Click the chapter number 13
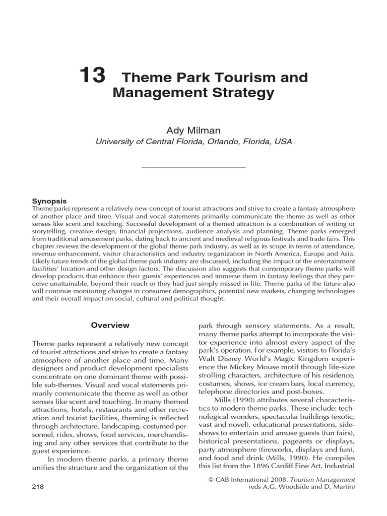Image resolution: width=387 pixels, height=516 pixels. click(93, 76)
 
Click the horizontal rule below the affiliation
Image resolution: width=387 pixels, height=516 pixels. click(193, 166)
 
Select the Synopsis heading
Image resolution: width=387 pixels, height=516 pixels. click(49, 200)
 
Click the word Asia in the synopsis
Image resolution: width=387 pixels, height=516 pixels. click(346, 246)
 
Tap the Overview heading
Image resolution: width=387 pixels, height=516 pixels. click(110, 326)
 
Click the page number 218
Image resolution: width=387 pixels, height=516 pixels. click(38, 486)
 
